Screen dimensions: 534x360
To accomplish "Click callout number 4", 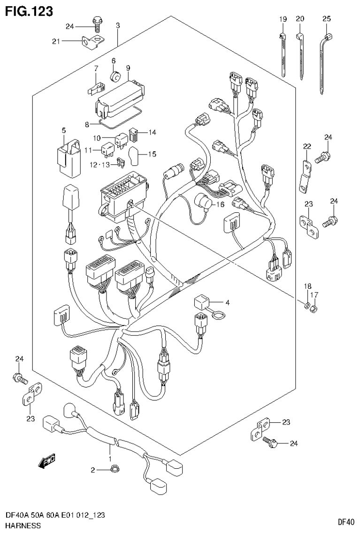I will pos(227,303).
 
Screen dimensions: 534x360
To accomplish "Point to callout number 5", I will pos(64,130).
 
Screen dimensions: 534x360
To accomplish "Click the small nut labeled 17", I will pos(315,308).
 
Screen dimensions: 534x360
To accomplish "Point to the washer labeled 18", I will pos(306,307).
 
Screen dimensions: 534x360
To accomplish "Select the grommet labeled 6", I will pos(114,76).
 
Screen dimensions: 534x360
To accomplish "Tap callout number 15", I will pos(153,154).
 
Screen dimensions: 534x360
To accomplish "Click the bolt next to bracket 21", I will pos(98,23).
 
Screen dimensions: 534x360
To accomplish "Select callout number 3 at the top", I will pos(118,25).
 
